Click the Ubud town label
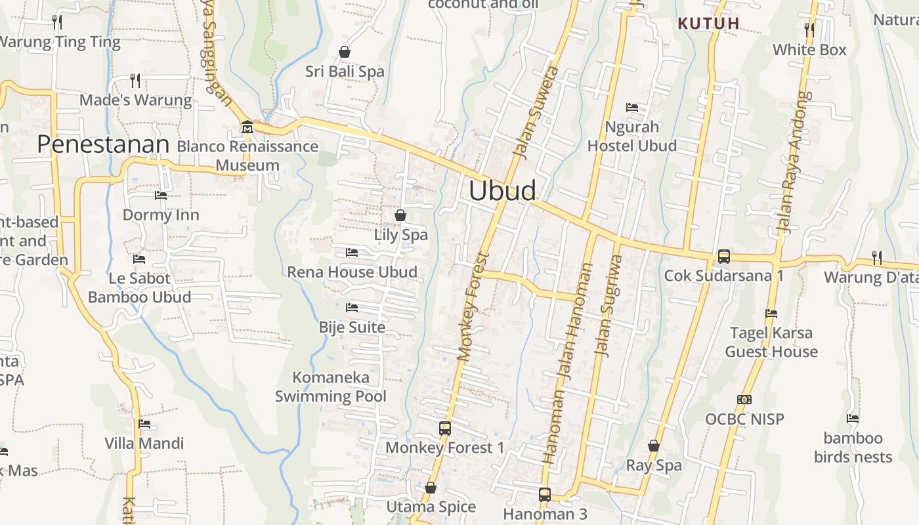(502, 190)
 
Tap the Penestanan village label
(103, 144)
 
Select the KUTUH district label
(708, 24)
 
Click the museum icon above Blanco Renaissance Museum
(247, 127)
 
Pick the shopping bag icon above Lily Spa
(400, 215)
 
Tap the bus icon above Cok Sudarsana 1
(723, 256)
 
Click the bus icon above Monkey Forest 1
(444, 429)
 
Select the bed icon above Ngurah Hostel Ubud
(631, 107)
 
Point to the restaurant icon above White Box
(809, 30)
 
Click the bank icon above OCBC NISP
(744, 399)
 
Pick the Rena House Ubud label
(352, 272)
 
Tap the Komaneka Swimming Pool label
(330, 387)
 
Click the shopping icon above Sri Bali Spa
(344, 51)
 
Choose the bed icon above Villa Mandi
(144, 424)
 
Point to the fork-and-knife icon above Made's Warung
(135, 81)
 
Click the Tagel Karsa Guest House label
(771, 342)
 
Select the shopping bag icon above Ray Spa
(653, 446)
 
